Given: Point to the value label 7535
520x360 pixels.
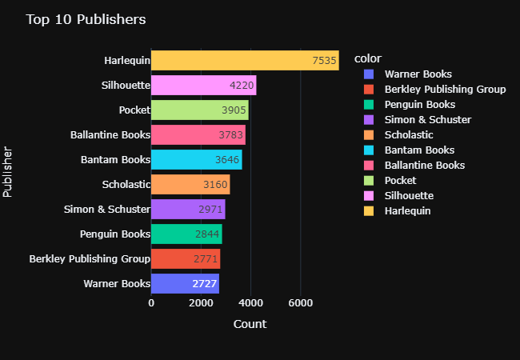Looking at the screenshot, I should [x=324, y=61].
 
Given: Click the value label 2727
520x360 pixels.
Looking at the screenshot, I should [x=203, y=284].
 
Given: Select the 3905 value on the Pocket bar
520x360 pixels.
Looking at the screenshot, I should [x=233, y=110].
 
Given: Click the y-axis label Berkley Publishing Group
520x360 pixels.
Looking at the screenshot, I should [x=90, y=259].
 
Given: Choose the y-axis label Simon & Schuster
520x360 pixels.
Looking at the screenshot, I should [x=107, y=210].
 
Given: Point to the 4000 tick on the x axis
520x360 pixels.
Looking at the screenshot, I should [x=251, y=303].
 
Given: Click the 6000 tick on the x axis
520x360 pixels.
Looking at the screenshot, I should [x=301, y=303].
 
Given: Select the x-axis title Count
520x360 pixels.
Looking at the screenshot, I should [x=250, y=324].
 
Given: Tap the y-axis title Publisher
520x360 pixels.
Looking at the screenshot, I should [x=8, y=171].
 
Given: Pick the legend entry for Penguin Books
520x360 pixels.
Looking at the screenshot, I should [x=420, y=105].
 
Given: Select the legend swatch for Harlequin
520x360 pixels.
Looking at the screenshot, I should [x=370, y=211].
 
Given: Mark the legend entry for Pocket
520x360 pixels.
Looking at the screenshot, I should [x=400, y=181].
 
